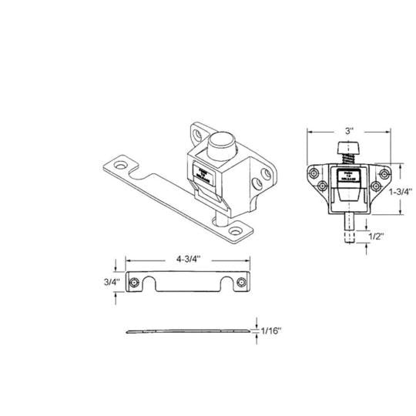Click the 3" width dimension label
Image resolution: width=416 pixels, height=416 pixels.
click(x=349, y=132)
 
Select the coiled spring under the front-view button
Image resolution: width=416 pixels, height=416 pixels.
click(x=347, y=160)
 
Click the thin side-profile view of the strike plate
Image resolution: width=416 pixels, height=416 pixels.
click(x=190, y=331)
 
